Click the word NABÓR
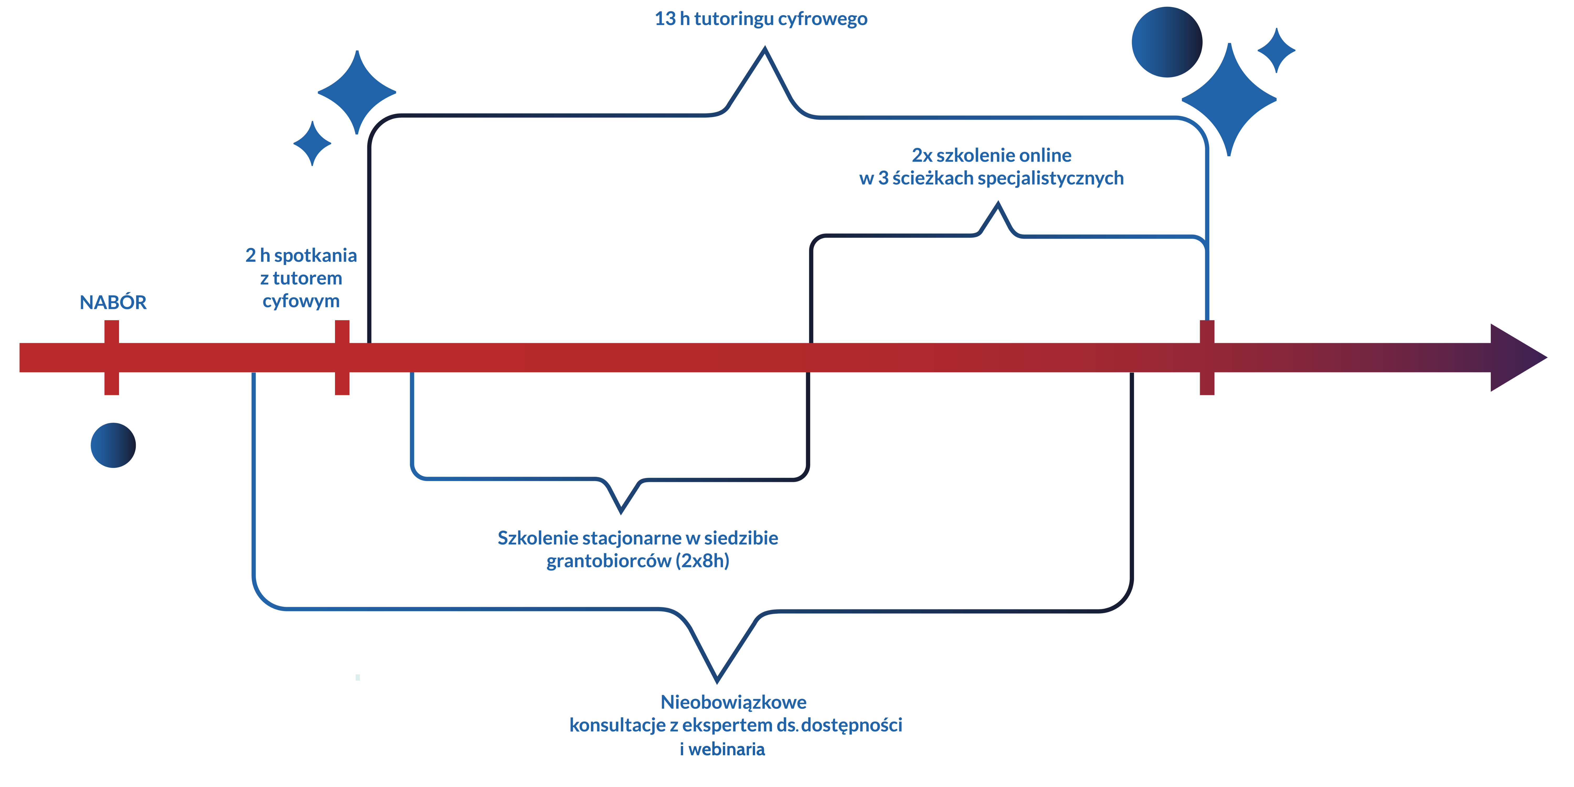click(x=113, y=302)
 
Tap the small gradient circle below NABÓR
click(x=113, y=445)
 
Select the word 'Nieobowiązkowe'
click(x=733, y=702)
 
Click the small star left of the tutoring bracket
click(x=312, y=143)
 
